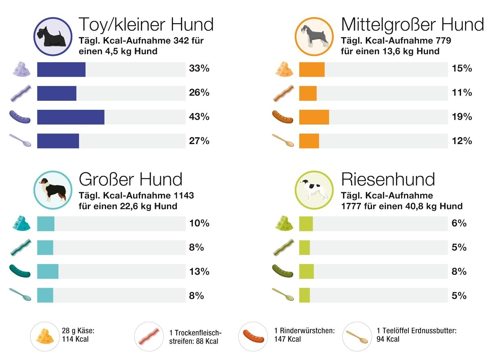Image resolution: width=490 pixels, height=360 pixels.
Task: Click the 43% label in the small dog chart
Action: click(x=199, y=117)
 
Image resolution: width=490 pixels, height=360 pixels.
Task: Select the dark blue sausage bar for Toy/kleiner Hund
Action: click(x=71, y=117)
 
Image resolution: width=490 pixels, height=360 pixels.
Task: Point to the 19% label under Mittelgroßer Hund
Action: click(x=462, y=117)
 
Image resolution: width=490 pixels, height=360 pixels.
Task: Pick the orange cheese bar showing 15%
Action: click(x=312, y=69)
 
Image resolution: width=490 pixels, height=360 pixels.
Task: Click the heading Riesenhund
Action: click(x=388, y=179)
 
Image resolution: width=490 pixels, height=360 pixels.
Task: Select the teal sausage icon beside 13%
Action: click(x=20, y=271)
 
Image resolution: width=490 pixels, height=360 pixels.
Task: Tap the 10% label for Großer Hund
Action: click(x=199, y=223)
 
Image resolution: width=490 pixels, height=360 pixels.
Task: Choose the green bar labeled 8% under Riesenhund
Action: click(x=306, y=271)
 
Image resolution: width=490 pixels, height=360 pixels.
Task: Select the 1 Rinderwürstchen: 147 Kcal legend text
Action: click(x=304, y=335)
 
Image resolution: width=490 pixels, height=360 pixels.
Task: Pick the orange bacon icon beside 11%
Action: click(x=283, y=93)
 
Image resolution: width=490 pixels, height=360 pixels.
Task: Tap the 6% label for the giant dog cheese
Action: click(x=459, y=223)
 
